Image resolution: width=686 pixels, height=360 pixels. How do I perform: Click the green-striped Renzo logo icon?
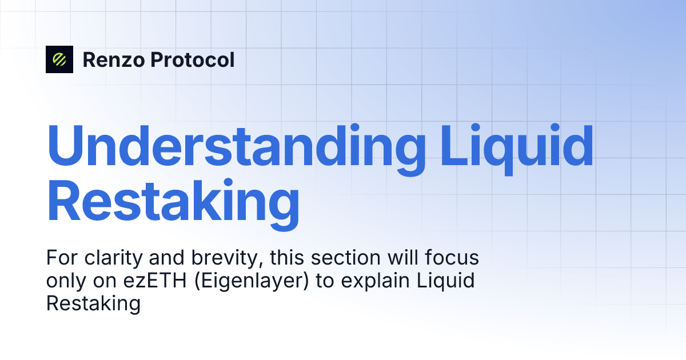[59, 59]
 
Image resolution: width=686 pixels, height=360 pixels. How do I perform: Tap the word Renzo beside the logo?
[113, 59]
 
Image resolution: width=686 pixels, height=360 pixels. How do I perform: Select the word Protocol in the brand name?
[193, 59]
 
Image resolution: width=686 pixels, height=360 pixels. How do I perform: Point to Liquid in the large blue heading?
[517, 145]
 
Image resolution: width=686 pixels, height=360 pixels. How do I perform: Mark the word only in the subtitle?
[63, 282]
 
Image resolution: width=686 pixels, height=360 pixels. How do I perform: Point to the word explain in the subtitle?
[360, 282]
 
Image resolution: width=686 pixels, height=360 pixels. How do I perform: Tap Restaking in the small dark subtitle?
[93, 303]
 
